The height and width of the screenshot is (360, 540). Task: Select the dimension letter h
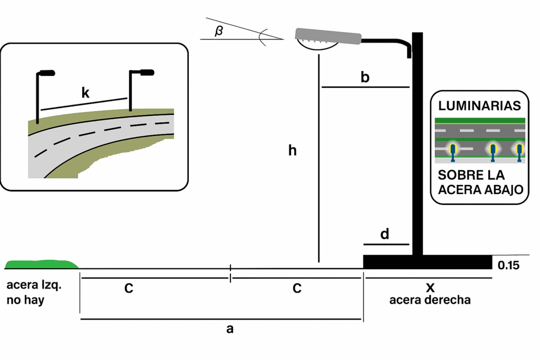pos(292,151)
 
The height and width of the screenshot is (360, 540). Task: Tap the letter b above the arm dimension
pos(365,77)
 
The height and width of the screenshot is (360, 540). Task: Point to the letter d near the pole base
pos(384,234)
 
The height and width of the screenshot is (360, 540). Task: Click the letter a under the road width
pos(229,329)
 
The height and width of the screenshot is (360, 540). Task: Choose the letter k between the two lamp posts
pos(85,93)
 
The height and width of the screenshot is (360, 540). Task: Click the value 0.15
pos(509,265)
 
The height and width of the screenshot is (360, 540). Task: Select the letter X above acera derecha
pos(430,288)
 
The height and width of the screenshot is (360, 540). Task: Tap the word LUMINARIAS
pos(479,106)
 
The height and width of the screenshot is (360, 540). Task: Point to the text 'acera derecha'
pos(430,300)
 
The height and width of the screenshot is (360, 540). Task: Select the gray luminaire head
pos(328,36)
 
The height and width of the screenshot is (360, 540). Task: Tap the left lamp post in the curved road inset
pos(38,98)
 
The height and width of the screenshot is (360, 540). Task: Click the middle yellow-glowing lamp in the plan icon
pos(493,150)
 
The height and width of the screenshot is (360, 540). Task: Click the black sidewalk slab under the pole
pos(427,262)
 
